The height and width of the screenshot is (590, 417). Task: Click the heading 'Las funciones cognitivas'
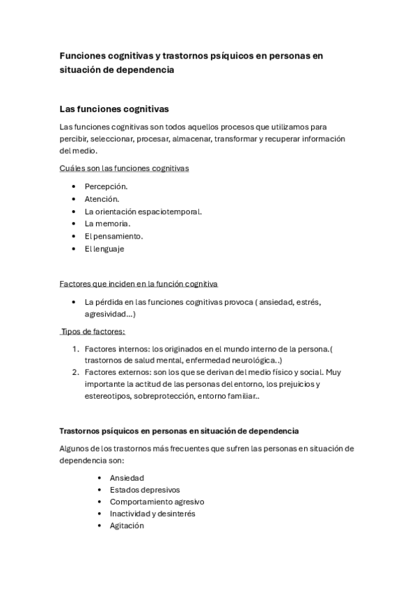(114, 109)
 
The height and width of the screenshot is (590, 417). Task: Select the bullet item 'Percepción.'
(106, 186)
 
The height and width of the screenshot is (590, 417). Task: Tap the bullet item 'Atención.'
(102, 199)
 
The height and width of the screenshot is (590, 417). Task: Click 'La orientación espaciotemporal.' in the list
(143, 212)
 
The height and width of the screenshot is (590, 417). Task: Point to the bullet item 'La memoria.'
(107, 223)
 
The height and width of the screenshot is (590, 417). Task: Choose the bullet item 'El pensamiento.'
(113, 236)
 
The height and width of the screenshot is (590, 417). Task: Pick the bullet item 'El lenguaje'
(104, 248)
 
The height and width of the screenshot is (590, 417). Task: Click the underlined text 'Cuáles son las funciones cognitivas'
(124, 168)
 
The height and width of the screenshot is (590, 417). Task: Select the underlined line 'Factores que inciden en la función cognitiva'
(139, 284)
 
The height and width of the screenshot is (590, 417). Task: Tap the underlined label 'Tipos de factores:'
(93, 331)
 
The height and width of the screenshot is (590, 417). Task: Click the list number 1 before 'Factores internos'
(75, 348)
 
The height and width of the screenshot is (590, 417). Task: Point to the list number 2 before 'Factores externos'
(75, 372)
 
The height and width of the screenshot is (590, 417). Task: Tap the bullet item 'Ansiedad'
(127, 478)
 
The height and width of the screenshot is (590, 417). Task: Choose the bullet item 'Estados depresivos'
(144, 490)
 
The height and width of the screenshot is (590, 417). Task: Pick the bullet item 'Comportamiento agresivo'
(157, 502)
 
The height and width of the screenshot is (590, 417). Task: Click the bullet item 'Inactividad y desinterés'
(152, 513)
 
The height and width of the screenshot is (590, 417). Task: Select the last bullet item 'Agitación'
(127, 525)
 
